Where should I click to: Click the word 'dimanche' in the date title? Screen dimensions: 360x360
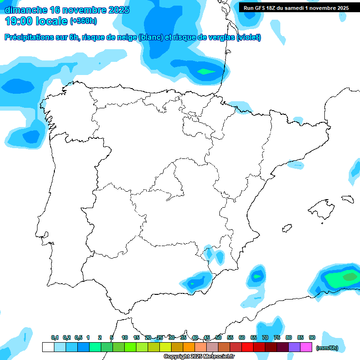(26, 10)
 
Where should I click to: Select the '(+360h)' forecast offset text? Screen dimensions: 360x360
(83, 21)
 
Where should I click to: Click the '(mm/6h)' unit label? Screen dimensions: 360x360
(327, 348)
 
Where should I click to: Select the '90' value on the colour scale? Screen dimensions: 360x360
(312, 337)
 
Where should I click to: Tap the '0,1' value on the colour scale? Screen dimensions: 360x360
(55, 337)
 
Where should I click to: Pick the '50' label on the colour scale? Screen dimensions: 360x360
(218, 337)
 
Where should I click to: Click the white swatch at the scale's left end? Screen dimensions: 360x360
(48, 347)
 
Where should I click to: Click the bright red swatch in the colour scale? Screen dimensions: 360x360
(247, 347)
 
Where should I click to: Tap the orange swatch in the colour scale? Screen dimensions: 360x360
(189, 347)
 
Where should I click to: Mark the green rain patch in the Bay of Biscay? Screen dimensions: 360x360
(205, 71)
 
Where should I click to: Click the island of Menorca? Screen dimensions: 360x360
(347, 199)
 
